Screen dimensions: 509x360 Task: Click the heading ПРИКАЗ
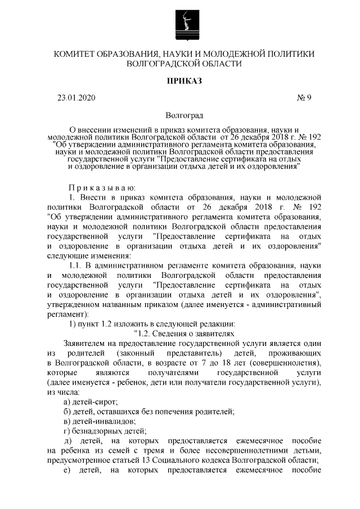[183, 82]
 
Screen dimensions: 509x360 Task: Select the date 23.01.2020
[76, 98]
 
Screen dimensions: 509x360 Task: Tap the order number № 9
[304, 98]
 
